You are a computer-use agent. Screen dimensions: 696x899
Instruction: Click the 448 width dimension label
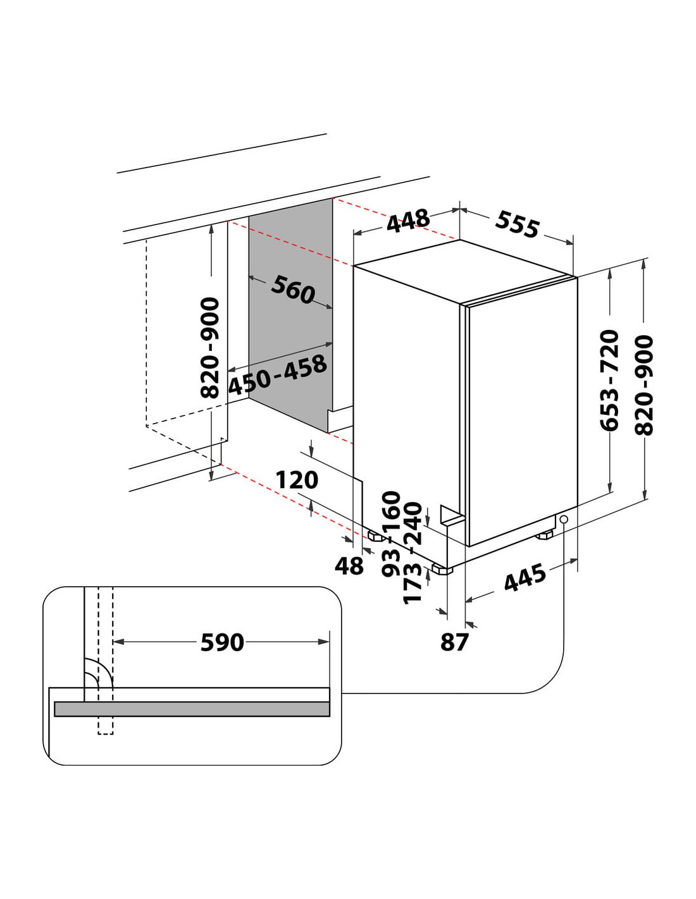click(409, 221)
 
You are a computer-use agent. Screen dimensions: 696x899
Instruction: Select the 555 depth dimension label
click(518, 224)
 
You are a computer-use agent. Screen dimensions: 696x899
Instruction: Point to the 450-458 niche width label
click(278, 375)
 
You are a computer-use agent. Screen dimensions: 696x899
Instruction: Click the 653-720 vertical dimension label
click(609, 380)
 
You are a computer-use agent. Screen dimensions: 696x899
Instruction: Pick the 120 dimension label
click(297, 480)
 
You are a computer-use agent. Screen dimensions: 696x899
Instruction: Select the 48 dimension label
click(349, 566)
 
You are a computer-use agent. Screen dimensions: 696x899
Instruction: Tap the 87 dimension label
click(454, 642)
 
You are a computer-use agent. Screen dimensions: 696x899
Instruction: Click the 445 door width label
click(525, 577)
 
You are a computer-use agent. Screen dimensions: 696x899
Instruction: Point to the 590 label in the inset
click(222, 642)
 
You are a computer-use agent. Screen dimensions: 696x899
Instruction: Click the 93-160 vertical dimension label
click(392, 534)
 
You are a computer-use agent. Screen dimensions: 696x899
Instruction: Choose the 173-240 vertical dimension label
click(412, 553)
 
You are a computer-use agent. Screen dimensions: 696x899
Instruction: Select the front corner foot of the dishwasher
click(442, 569)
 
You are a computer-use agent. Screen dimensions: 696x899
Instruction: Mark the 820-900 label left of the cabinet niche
click(209, 348)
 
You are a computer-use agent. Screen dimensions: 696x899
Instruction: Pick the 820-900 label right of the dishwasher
click(644, 385)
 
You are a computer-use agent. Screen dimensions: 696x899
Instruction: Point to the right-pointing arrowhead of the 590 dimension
click(323, 642)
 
